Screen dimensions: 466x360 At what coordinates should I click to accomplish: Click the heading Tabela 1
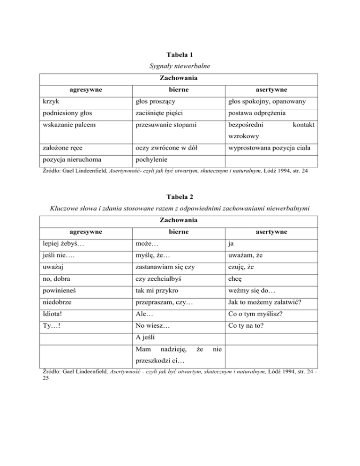tap(180, 54)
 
